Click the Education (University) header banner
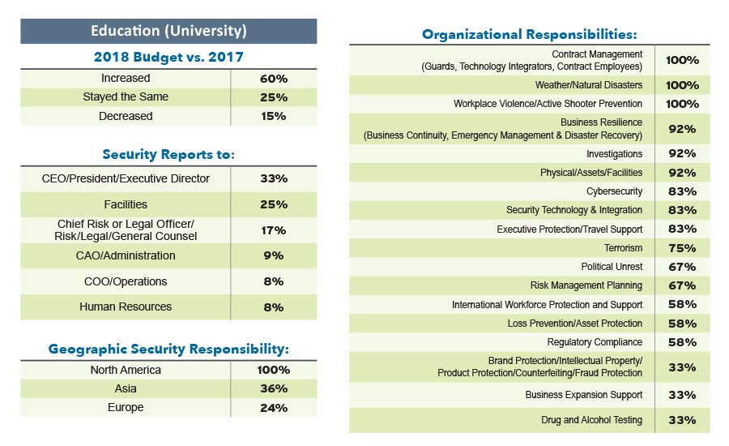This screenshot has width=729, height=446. point(168,32)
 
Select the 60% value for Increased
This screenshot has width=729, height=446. point(274,79)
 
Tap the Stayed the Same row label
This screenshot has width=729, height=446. point(126,97)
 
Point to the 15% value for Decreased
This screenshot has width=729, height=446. point(274,116)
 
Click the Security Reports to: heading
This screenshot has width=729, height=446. point(168,154)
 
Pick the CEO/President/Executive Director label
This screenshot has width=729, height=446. point(126,178)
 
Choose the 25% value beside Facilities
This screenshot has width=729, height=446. point(274,204)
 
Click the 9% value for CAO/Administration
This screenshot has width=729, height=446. point(274,255)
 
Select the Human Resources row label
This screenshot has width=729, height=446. point(126,307)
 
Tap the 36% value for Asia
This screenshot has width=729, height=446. point(274,389)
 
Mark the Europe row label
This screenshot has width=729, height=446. point(126,408)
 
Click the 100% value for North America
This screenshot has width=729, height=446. point(274,371)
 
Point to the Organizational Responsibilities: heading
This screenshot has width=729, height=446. point(529,34)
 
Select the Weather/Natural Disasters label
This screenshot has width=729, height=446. point(588,85)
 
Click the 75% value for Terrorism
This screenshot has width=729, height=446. point(682,248)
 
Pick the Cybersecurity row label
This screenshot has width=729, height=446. point(614,191)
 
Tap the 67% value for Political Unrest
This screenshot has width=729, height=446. point(682,267)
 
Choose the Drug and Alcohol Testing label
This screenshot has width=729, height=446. point(591,420)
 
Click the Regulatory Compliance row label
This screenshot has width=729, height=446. point(595,342)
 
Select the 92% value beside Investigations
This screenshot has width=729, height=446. point(682,154)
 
